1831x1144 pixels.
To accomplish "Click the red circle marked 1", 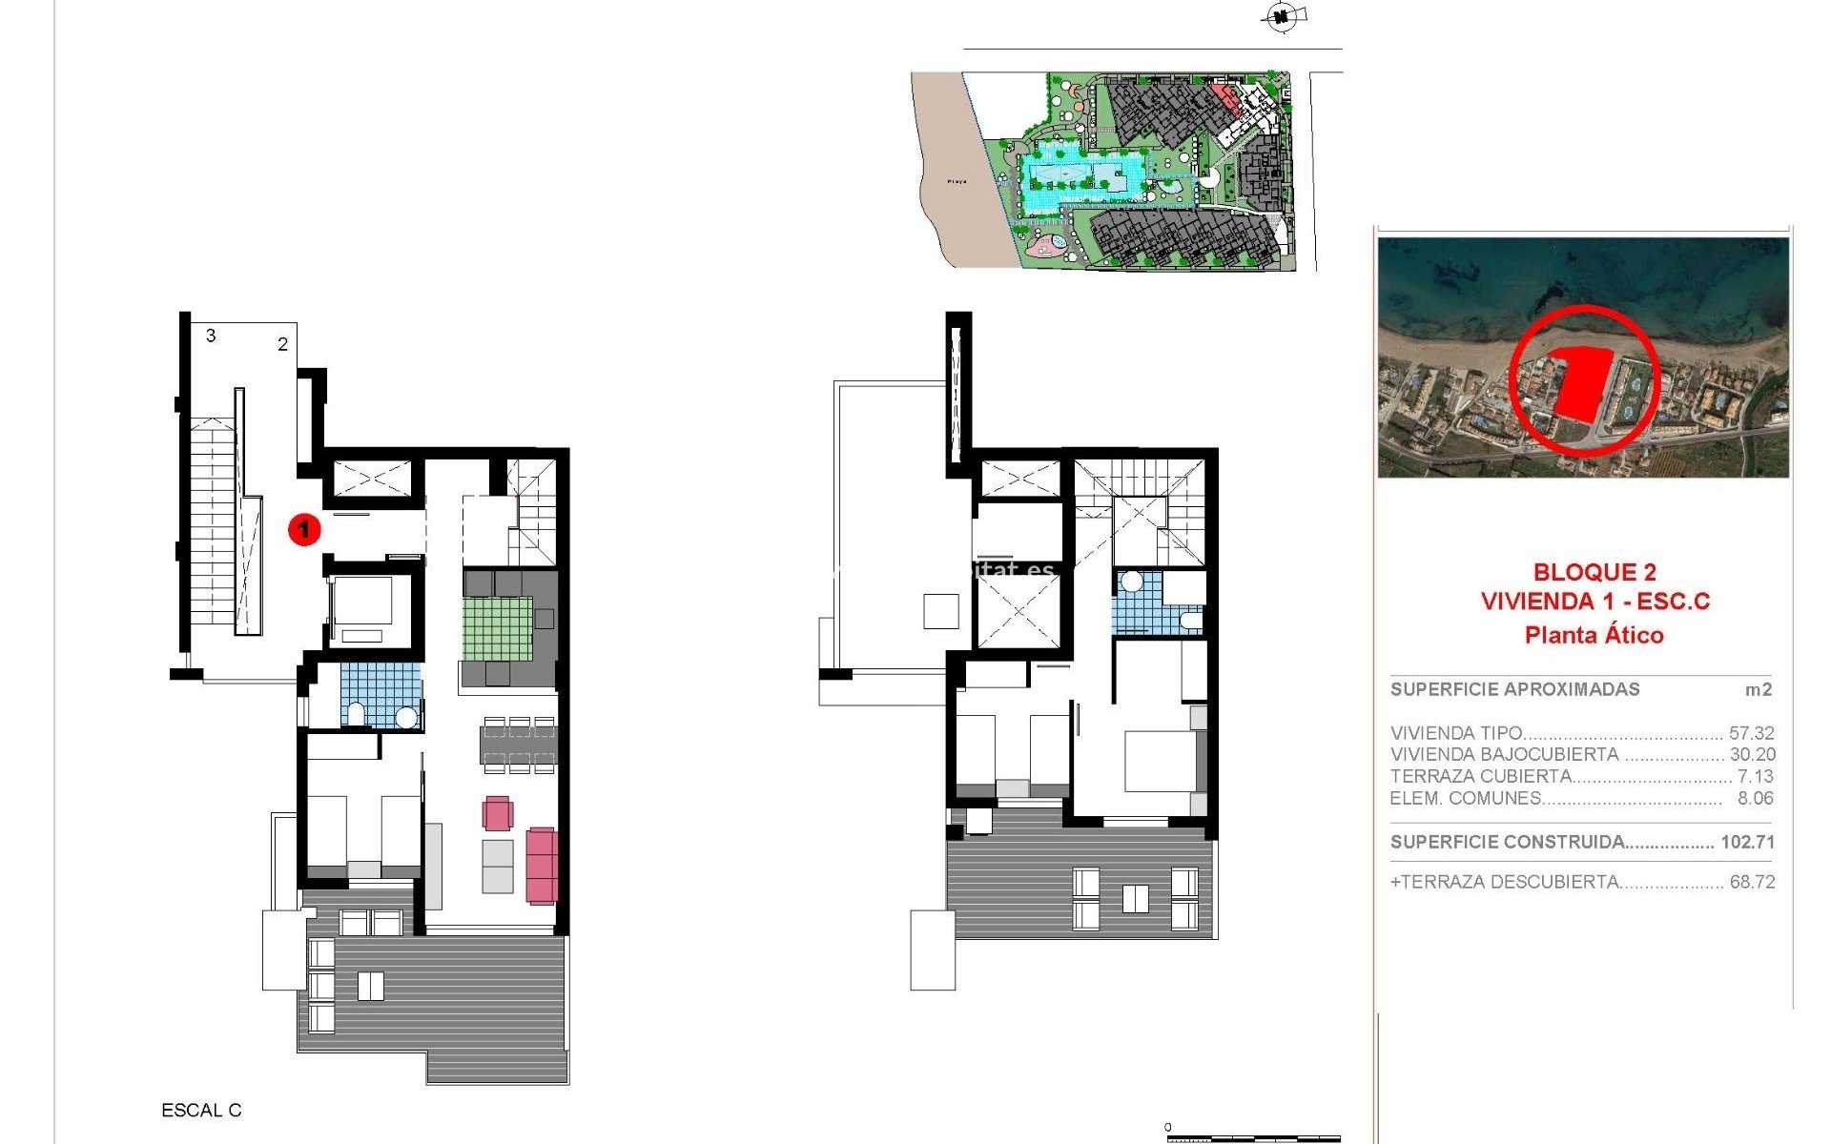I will point(304,528).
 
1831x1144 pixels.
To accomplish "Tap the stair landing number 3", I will point(211,336).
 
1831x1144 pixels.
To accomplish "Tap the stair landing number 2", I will point(282,344).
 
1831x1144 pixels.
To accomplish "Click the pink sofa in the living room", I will point(541,865).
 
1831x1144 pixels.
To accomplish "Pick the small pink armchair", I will point(497,813).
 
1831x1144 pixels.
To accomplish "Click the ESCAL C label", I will point(201,1111).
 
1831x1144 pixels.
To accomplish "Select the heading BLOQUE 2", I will point(1594,572).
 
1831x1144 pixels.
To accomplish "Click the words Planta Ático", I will point(1594,635).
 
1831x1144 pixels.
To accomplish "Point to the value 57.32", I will point(1751,733).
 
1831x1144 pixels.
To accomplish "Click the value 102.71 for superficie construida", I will point(1747,842).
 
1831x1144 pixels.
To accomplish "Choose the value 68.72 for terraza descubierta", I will point(1752,882).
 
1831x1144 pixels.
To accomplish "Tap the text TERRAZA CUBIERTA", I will point(1480,776).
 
